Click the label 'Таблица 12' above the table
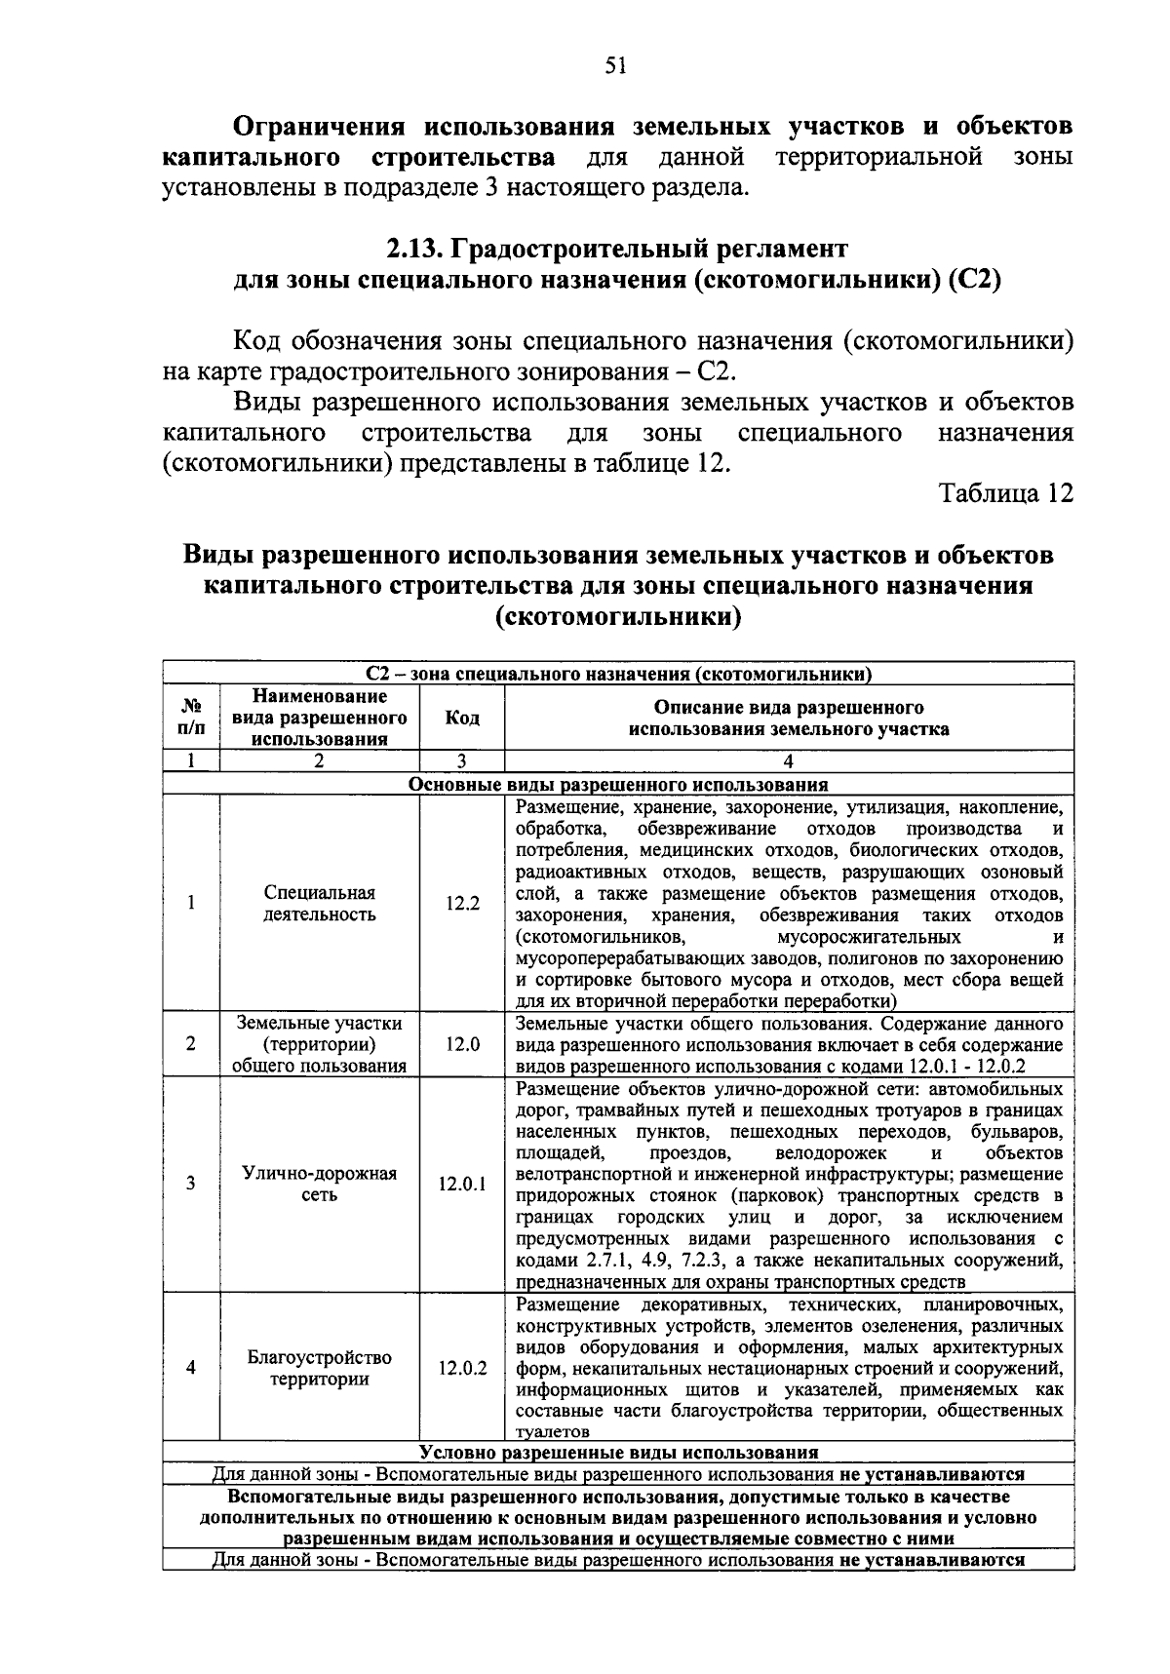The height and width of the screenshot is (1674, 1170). (x=1007, y=493)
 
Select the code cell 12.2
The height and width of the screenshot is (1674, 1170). (x=462, y=904)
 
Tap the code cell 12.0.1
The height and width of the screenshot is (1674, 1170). (x=462, y=1184)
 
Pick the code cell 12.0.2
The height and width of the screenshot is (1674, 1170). (x=462, y=1368)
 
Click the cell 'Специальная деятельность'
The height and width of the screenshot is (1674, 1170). (x=320, y=904)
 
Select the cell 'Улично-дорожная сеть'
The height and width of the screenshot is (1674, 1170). (x=320, y=1184)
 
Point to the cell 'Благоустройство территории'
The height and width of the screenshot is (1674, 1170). (x=320, y=1368)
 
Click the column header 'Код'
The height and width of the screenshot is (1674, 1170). (x=462, y=718)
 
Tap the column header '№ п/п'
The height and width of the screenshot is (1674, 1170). (x=191, y=718)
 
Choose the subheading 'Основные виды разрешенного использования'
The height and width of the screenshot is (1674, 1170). (x=618, y=785)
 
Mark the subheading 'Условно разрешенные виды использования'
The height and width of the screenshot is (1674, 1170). (x=618, y=1453)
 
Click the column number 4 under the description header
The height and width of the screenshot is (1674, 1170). (x=788, y=762)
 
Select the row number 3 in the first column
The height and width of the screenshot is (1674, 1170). (x=191, y=1184)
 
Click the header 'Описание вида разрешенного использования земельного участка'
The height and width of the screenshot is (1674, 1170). (x=788, y=718)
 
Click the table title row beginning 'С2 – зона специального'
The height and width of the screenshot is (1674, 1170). (x=618, y=674)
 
